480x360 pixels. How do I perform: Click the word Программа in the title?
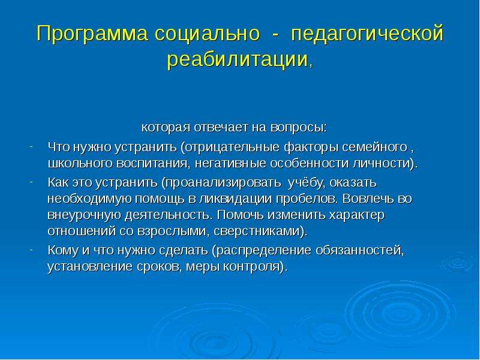point(92,34)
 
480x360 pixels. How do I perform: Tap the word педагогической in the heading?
point(367,34)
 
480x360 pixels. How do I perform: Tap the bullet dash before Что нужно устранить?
point(31,146)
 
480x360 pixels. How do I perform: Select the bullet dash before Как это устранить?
point(31,182)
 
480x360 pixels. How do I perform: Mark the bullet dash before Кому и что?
point(31,250)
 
